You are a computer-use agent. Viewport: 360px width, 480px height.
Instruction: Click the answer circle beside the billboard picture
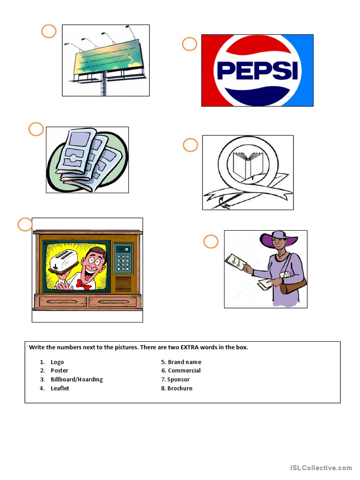[x=49, y=31]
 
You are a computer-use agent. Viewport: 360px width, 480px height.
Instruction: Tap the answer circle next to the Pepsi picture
[x=189, y=45]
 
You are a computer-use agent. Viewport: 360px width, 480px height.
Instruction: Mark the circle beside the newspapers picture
[x=36, y=129]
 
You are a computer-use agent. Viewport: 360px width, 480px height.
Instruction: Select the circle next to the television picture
[x=25, y=225]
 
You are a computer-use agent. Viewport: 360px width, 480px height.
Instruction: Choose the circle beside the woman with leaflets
[x=211, y=242]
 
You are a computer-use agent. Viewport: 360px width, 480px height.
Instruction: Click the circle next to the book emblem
[x=190, y=145]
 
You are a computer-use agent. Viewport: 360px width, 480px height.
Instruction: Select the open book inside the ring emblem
[x=248, y=164]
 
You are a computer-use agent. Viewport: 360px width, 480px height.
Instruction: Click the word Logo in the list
[x=57, y=362]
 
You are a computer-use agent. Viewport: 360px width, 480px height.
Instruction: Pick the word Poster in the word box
[x=60, y=370]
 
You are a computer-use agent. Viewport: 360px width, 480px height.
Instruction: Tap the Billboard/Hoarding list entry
[x=76, y=379]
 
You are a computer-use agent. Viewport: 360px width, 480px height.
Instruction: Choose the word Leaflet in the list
[x=60, y=388]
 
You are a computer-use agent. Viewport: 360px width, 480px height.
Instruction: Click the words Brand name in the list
[x=184, y=362]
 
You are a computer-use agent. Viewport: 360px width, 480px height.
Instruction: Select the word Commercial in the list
[x=184, y=370]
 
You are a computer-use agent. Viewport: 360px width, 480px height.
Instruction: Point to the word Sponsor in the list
[x=179, y=379]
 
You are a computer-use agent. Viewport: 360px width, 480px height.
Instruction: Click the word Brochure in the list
[x=180, y=388]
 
